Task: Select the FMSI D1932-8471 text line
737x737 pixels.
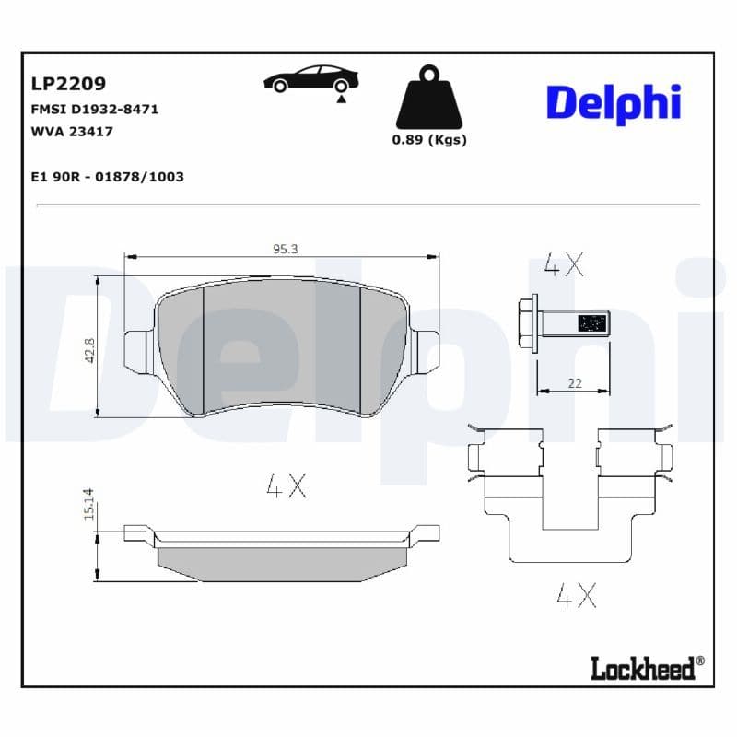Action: (x=95, y=109)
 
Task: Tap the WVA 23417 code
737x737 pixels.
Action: (x=72, y=131)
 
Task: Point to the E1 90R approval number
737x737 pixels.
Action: (x=107, y=176)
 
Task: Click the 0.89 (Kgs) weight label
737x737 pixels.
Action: (x=429, y=140)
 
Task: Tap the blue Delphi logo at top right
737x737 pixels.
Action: (x=614, y=102)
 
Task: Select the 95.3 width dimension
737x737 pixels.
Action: (x=284, y=248)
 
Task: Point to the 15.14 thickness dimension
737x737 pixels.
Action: (x=89, y=504)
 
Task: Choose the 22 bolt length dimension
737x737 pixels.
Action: (x=575, y=383)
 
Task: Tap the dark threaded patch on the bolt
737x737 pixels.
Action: (x=591, y=323)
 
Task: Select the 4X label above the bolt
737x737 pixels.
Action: (x=564, y=265)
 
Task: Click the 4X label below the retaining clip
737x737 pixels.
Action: (x=577, y=596)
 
